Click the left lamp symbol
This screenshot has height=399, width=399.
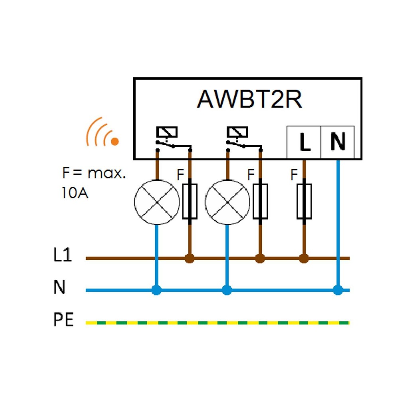[156, 202]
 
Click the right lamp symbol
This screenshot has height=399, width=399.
[227, 202]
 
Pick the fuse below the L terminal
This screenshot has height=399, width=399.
[304, 201]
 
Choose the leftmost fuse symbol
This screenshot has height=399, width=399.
[190, 201]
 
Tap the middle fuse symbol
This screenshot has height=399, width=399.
[260, 201]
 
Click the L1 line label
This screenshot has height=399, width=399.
[63, 256]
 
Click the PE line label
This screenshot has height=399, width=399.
[63, 320]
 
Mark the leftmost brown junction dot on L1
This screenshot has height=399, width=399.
[190, 259]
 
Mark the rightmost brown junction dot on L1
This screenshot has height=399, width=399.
[304, 259]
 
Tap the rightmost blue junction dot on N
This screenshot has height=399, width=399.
[338, 290]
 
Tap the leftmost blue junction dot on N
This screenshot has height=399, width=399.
[156, 290]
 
